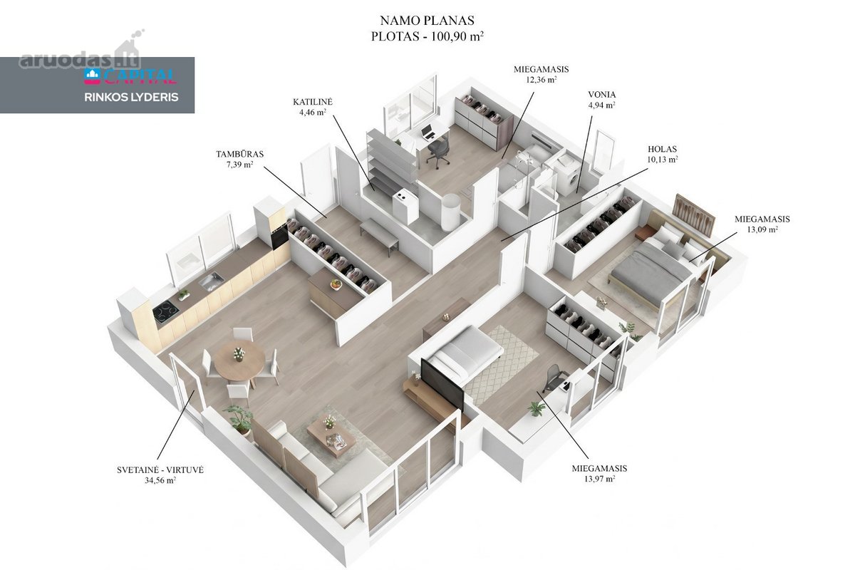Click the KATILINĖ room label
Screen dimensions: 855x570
[x=313, y=102]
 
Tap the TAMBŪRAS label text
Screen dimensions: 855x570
[x=239, y=154]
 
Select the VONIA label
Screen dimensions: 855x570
[x=602, y=94]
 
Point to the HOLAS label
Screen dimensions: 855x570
[x=662, y=150]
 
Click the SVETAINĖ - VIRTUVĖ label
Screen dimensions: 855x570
[x=160, y=470]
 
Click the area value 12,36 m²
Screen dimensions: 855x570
[x=541, y=80]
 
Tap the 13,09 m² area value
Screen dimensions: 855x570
[x=762, y=229]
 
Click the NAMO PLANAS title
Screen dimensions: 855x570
[x=427, y=20]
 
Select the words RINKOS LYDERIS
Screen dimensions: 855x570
[x=131, y=97]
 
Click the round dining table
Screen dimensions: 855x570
[x=239, y=361]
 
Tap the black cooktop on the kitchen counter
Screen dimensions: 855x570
[x=166, y=312]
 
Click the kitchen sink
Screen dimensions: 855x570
[x=211, y=281]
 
